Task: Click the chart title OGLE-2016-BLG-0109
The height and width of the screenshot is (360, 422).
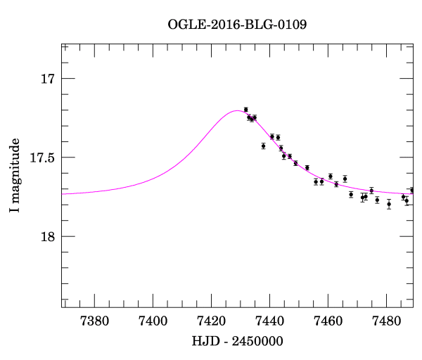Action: pos(237,24)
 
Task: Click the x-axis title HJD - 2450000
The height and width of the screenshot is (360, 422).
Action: pos(238,341)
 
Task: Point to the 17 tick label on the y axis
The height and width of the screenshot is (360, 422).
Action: pos(48,79)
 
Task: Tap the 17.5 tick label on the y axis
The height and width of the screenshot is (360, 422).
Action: pos(42,157)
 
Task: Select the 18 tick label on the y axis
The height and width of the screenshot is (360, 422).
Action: pos(48,236)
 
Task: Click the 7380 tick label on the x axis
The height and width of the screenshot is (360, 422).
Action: pos(95,321)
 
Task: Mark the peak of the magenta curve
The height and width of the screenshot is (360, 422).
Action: pos(236,110)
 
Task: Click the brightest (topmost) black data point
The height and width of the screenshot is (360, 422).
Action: pos(245,110)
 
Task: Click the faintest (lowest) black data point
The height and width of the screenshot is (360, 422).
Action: pos(389,204)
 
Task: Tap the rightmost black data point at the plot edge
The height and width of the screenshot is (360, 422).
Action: pos(412,191)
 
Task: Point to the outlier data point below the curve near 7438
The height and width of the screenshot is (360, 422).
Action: pos(263,146)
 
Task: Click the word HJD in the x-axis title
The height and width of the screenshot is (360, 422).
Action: pos(204,341)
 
